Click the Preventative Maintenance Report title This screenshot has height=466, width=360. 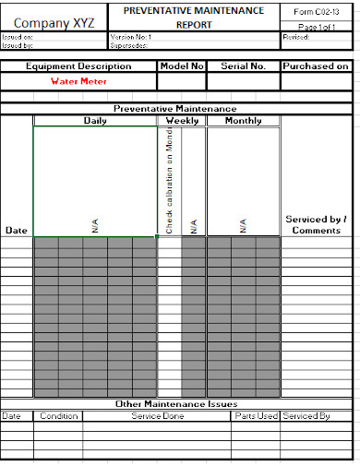pos(194,18)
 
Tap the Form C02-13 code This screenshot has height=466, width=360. pos(316,11)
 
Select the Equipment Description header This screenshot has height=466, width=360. pos(78,66)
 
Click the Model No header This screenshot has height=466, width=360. pos(181,66)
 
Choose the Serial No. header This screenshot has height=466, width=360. pos(243,66)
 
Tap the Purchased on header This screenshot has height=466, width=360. pos(316,66)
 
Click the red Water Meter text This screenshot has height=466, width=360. pos(78,81)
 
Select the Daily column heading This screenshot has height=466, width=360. pos(95,121)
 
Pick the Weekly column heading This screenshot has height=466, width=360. pos(181,121)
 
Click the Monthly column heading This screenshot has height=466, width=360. pos(243,121)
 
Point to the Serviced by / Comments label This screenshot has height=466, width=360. pos(316,224)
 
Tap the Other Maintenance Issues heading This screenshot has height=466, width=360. pos(175,404)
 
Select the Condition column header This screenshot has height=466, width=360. pos(59,416)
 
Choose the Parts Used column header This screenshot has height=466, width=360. pos(255,416)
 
